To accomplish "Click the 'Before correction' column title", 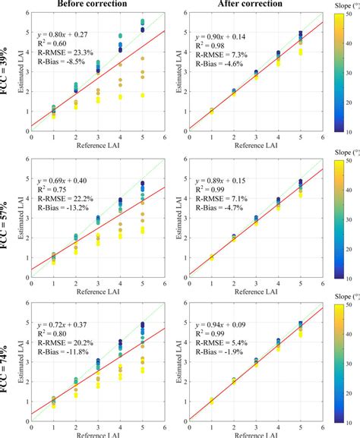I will [93, 5].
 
